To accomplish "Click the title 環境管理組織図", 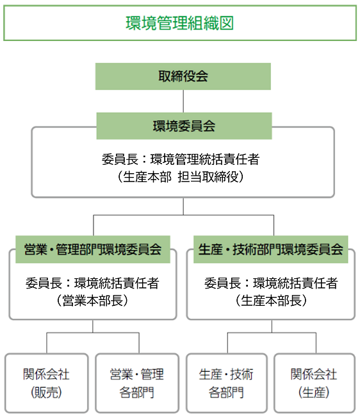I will tap(179, 23).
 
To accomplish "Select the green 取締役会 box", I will tap(183, 76).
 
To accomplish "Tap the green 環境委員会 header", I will tap(184, 126).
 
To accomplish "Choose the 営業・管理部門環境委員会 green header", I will tap(93, 249).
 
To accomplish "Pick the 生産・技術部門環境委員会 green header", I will tap(271, 249).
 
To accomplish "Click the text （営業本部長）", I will tap(92, 299).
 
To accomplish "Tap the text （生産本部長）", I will tap(271, 299).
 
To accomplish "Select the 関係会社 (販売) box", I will tap(47, 383).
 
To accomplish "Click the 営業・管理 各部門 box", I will tap(137, 383).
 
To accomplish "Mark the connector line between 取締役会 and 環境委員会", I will tap(184, 101).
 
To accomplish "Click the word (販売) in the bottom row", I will tap(47, 392).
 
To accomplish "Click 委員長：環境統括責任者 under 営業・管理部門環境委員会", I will tap(92, 282).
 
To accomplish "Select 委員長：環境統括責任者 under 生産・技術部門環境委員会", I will tap(271, 282).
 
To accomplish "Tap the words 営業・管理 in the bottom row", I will tap(137, 374).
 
